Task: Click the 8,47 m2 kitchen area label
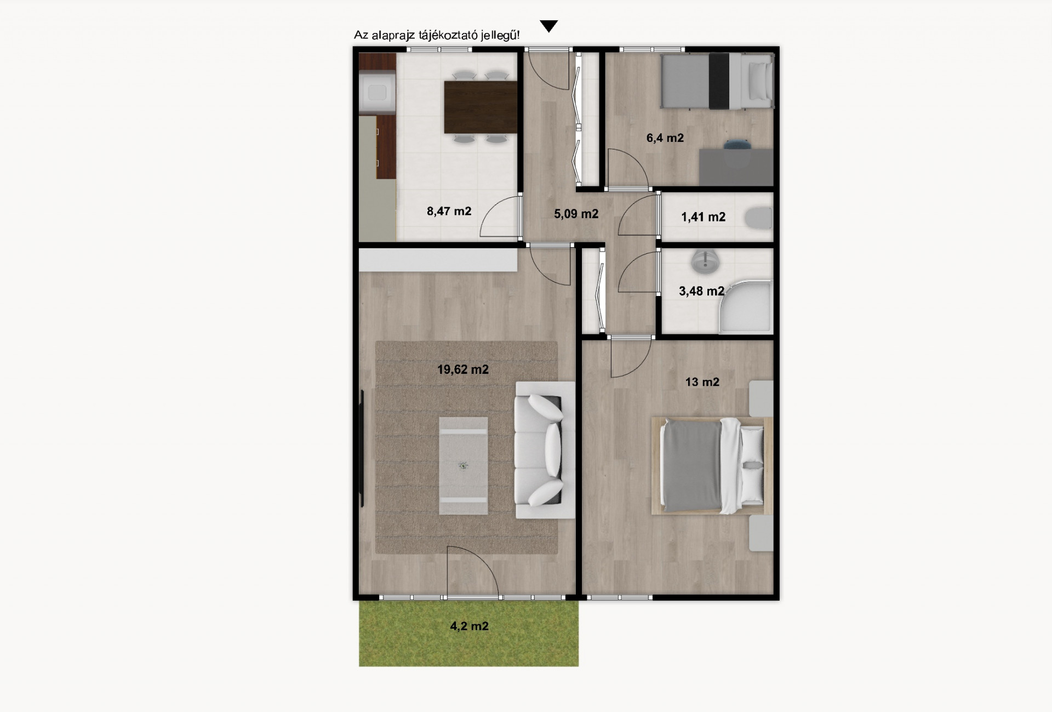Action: click(x=449, y=211)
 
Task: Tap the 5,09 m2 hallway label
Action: click(x=576, y=214)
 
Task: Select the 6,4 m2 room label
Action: click(x=665, y=138)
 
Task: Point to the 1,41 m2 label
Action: click(x=703, y=217)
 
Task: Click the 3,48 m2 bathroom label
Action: click(x=701, y=291)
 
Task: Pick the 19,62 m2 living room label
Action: click(x=462, y=369)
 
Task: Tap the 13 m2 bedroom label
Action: click(x=702, y=382)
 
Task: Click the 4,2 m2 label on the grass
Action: click(x=469, y=626)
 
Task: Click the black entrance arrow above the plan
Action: click(x=548, y=26)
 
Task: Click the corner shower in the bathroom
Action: click(x=746, y=306)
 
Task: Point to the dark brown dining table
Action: click(x=481, y=107)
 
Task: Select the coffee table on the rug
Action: click(x=463, y=466)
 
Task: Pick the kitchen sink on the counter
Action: click(x=377, y=93)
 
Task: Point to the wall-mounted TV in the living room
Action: click(x=362, y=448)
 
